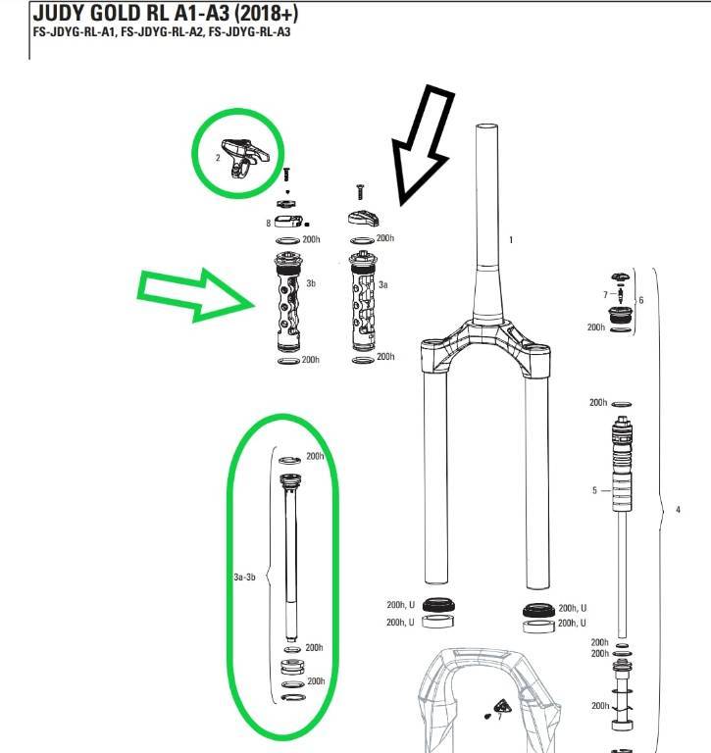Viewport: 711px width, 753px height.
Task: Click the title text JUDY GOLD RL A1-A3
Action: tap(131, 13)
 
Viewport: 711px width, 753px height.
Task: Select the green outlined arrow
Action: tap(196, 295)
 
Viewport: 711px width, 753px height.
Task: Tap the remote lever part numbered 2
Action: tap(245, 157)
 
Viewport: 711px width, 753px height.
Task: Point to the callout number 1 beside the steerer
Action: tap(511, 239)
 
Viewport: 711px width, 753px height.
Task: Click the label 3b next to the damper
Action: tap(311, 283)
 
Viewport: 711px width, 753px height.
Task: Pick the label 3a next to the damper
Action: tap(382, 284)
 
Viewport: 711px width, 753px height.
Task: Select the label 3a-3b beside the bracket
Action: tap(244, 577)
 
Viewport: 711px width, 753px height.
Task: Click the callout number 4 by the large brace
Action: tap(678, 510)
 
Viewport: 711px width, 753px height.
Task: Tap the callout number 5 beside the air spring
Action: tap(594, 490)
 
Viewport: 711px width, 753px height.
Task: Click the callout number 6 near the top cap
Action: tap(640, 300)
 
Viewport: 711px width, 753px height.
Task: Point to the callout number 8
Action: tap(268, 224)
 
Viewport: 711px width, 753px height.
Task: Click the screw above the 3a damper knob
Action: tap(360, 192)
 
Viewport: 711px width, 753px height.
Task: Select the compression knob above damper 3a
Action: tap(363, 218)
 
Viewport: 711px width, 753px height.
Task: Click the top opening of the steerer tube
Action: tap(486, 126)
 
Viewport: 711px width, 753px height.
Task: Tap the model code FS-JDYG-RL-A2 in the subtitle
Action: tap(162, 32)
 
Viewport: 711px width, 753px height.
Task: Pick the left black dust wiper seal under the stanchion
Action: tap(438, 605)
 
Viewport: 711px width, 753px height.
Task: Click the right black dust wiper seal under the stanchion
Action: tap(538, 611)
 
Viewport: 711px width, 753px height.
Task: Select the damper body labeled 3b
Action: tap(288, 302)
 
